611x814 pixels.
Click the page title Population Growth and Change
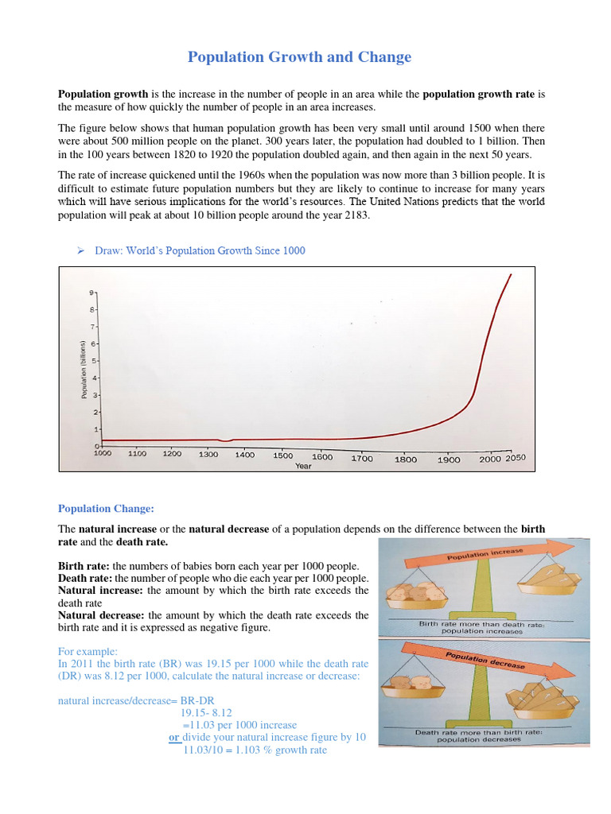[x=299, y=57]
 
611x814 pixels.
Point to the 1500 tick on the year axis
[x=282, y=455]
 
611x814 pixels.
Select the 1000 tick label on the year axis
[x=103, y=453]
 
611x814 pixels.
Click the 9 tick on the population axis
[x=92, y=293]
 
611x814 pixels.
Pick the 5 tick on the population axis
[x=92, y=361]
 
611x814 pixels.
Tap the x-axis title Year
[x=303, y=467]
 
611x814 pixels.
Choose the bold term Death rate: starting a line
[x=87, y=579]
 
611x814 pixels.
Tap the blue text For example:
[x=88, y=651]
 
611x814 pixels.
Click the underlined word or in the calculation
[x=173, y=737]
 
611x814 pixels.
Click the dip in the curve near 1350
[x=227, y=440]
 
